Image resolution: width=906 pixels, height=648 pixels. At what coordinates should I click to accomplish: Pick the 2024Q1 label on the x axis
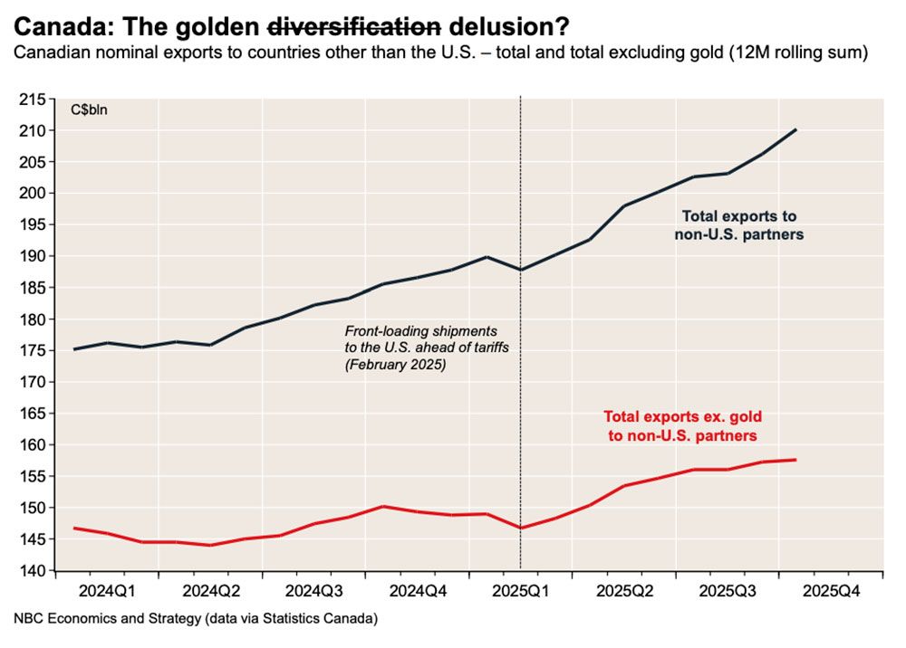(107, 592)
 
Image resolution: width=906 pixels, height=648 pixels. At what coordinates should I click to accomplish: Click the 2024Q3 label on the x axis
(314, 592)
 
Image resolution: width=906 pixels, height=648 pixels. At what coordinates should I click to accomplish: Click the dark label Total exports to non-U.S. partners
(739, 225)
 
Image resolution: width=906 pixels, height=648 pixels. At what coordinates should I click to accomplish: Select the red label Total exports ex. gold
(683, 425)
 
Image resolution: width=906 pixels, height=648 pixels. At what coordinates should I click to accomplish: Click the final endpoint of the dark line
(795, 129)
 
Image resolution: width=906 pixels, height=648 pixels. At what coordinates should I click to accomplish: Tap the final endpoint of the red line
(795, 460)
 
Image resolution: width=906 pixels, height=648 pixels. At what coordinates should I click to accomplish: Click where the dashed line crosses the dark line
(521, 270)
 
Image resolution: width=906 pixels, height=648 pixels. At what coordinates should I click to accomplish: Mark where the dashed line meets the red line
(521, 528)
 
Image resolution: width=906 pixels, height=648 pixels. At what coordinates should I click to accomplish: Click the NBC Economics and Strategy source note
(196, 620)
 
